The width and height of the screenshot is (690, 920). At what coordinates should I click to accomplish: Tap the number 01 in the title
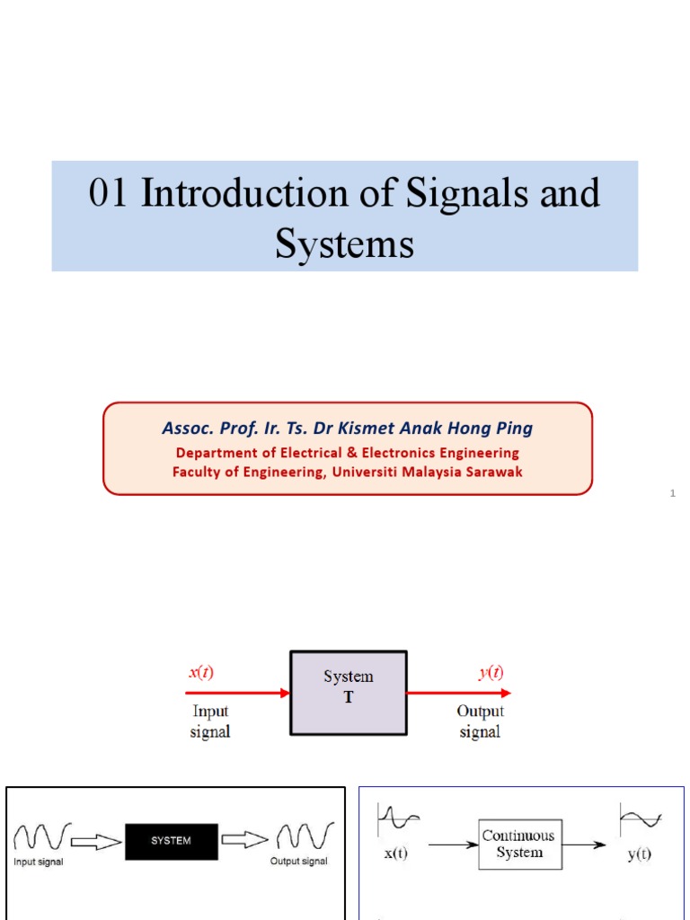(108, 194)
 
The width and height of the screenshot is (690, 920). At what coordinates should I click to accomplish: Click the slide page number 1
(672, 494)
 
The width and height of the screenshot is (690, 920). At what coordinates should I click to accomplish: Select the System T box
(348, 693)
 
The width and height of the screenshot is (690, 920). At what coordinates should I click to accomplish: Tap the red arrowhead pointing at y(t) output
(505, 693)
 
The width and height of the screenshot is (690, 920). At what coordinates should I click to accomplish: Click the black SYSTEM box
(171, 840)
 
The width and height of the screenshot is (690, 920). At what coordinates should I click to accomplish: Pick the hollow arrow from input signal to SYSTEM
(96, 841)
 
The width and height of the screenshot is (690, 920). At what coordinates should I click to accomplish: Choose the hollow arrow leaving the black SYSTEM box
(244, 841)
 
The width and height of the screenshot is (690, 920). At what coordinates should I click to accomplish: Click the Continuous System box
(519, 844)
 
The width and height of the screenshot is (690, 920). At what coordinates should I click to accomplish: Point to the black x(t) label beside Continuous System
(395, 854)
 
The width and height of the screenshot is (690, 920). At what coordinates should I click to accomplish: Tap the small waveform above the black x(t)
(399, 818)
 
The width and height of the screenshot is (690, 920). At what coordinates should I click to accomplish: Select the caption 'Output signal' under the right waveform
(299, 862)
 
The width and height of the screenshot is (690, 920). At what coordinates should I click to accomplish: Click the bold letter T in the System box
(349, 697)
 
